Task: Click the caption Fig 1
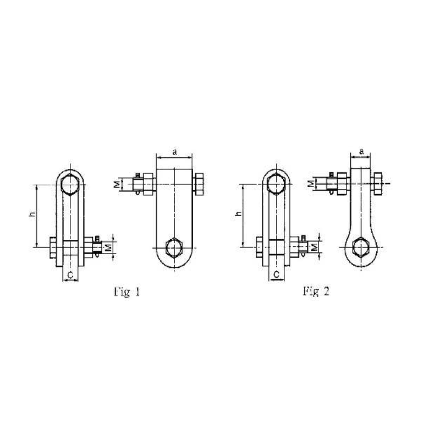click(x=126, y=292)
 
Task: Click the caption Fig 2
click(x=316, y=291)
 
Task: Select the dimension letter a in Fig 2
click(x=361, y=151)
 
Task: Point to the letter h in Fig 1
click(x=32, y=215)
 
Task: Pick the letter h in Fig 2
click(x=238, y=213)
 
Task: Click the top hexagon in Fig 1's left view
click(x=70, y=184)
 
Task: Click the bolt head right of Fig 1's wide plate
click(x=199, y=184)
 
